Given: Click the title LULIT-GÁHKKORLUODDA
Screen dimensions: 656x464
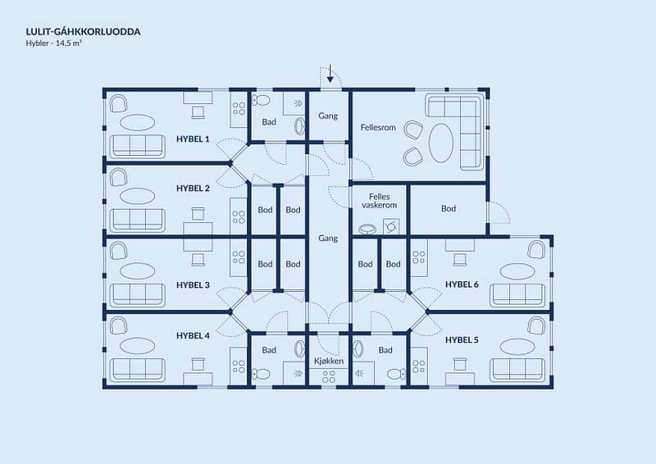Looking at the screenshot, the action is coord(84,32).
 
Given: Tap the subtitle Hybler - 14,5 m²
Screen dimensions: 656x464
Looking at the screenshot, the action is coord(53,43).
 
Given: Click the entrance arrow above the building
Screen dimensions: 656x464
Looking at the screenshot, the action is coord(330,74).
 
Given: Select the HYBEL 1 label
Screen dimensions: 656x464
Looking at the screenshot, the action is coord(193,139).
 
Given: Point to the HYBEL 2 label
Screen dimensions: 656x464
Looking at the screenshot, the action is coord(193,189).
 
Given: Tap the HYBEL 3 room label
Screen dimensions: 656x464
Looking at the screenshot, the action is coord(193,285).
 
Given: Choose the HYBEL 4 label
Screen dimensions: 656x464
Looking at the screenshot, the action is coord(193,335).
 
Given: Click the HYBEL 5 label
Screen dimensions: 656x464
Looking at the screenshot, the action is coord(462,339).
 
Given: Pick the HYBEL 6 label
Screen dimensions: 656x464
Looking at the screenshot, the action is coord(462,284).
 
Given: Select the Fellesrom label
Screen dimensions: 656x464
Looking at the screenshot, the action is coord(378,127).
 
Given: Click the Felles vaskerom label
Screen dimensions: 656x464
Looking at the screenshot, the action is coord(380,201).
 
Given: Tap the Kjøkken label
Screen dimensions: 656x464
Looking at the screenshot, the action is coord(329,361).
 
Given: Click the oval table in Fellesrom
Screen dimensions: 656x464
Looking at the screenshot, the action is coord(441,143).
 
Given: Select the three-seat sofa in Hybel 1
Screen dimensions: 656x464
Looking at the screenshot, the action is coord(137,146).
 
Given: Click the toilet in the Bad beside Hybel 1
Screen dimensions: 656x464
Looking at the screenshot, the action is coord(262,100).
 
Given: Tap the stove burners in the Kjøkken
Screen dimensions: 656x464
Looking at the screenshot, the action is coord(329,376).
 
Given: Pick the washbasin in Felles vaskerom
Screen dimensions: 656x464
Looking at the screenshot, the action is coord(367,229).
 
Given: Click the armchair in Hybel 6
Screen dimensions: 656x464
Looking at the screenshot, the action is coord(536,249).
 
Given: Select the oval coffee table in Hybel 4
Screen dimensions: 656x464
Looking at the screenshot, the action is coord(137,346).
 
